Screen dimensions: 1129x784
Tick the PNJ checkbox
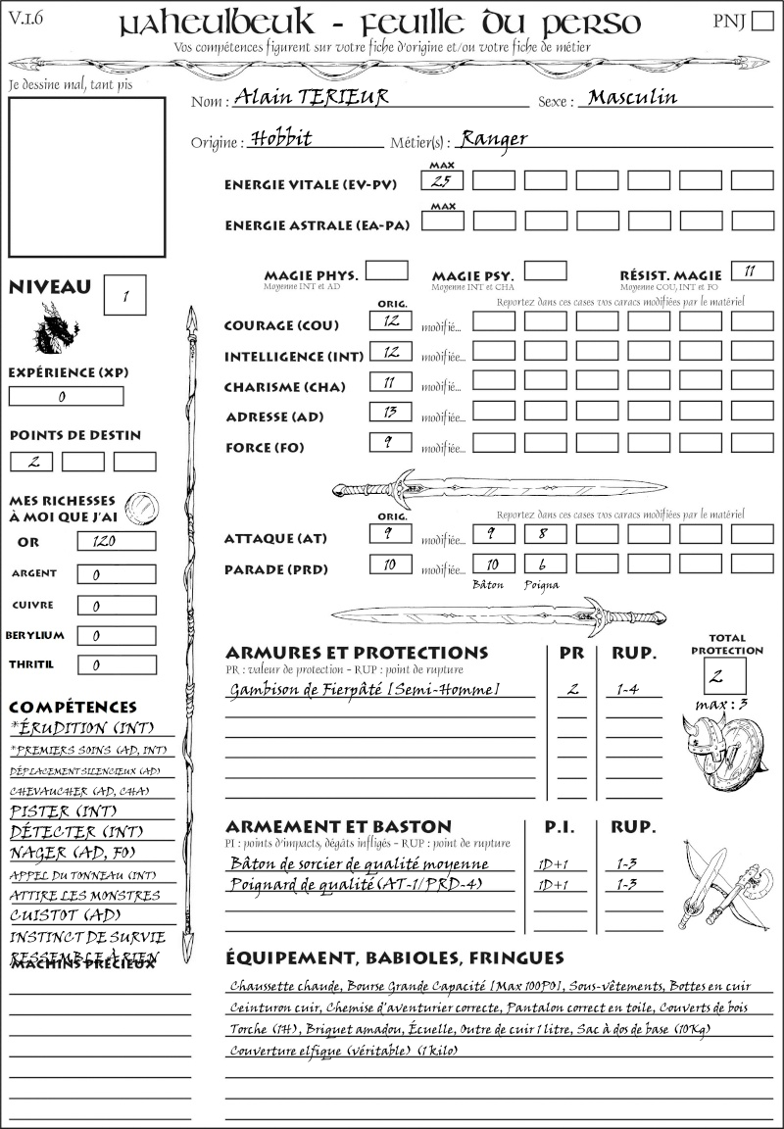pyautogui.click(x=761, y=22)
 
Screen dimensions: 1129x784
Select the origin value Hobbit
pyautogui.click(x=281, y=138)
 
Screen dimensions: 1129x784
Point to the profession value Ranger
pyautogui.click(x=494, y=138)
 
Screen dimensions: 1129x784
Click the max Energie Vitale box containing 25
pyautogui.click(x=441, y=180)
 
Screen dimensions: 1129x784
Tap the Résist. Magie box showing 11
pyautogui.click(x=752, y=270)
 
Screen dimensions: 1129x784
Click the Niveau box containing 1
pyautogui.click(x=127, y=295)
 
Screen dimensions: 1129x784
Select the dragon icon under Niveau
pyautogui.click(x=57, y=328)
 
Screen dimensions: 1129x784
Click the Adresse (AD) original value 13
pyautogui.click(x=390, y=412)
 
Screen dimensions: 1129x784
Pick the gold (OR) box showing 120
pyautogui.click(x=116, y=542)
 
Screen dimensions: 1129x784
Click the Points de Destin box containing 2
pyautogui.click(x=31, y=462)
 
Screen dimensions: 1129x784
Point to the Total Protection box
pyautogui.click(x=725, y=676)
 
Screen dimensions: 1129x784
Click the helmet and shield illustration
pyautogui.click(x=720, y=747)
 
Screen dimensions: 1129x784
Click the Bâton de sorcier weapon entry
pyautogui.click(x=359, y=863)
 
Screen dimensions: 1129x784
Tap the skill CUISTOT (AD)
pyautogui.click(x=65, y=915)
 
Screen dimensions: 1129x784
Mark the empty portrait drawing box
pyautogui.click(x=86, y=175)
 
